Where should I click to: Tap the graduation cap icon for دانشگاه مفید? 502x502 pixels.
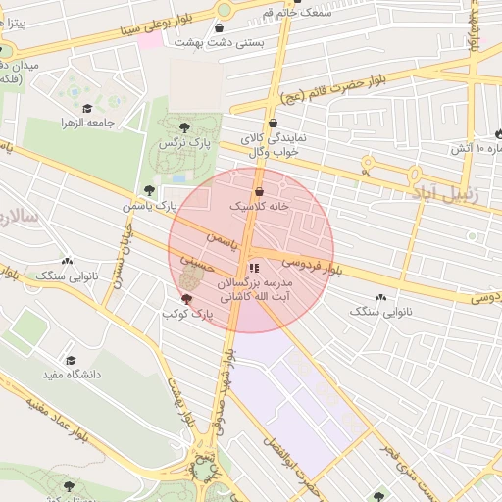click(x=70, y=360)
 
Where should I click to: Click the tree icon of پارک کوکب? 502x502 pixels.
click(x=186, y=298)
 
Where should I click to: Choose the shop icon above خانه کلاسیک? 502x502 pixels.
click(x=259, y=192)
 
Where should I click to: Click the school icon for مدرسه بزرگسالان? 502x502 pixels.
click(x=253, y=267)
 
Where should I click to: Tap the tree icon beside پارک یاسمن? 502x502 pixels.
click(x=149, y=190)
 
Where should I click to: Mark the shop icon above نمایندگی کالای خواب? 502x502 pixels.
click(x=273, y=123)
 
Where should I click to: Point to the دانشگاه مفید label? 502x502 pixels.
click(x=68, y=375)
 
